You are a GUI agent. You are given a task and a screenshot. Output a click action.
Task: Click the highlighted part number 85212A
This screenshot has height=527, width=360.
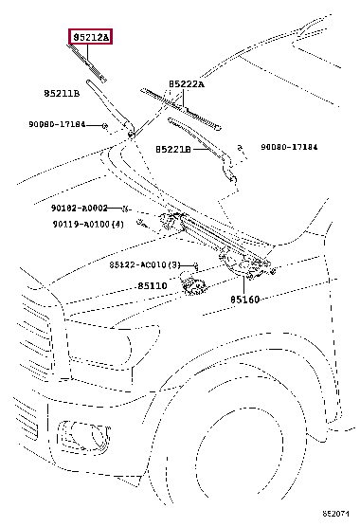[x=90, y=37]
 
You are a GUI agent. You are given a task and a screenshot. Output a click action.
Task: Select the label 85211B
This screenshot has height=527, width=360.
[x=62, y=93]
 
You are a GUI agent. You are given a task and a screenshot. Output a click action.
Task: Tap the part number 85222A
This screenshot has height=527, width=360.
[x=186, y=84]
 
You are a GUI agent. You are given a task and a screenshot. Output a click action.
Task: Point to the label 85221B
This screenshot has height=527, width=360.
[x=173, y=149]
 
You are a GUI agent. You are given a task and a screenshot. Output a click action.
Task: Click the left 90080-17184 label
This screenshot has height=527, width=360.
[x=57, y=124]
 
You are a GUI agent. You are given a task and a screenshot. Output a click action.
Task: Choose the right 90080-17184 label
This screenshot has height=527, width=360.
[x=289, y=147]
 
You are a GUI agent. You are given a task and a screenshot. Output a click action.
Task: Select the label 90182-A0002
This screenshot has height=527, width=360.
[x=80, y=208]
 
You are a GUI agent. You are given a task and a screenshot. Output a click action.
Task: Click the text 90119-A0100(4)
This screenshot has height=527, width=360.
[x=88, y=224]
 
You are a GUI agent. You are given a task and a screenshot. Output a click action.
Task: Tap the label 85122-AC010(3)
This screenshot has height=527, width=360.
[x=145, y=264]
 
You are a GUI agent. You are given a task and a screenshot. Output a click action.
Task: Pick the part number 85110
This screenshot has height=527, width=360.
[x=153, y=285]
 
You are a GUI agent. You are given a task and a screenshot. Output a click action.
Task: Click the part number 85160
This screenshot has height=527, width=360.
[x=244, y=300]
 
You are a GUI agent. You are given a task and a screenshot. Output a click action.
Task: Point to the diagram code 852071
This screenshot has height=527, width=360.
[x=335, y=514]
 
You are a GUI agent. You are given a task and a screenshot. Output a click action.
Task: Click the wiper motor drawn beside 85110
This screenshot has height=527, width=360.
[x=192, y=284]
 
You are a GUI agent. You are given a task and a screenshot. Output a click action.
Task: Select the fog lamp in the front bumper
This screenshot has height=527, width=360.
[x=84, y=436]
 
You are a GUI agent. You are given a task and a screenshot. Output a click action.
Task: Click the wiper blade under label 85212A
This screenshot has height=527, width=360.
[x=88, y=64]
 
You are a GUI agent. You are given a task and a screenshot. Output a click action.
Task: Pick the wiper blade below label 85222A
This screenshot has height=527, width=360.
[x=181, y=108]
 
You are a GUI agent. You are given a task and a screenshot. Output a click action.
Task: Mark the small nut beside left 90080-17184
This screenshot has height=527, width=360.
[x=105, y=126]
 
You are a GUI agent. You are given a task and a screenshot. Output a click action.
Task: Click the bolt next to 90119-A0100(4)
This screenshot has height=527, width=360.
[x=142, y=223]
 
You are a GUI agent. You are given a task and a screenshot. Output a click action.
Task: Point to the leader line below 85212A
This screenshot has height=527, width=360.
[x=87, y=54]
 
